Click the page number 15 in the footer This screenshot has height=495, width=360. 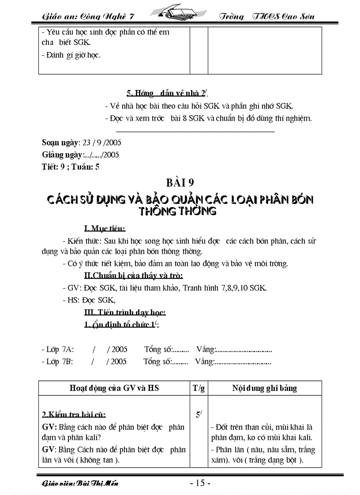pos(199,483)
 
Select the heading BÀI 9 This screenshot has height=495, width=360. pos(180,183)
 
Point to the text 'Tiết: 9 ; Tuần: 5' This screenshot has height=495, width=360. pos(71,167)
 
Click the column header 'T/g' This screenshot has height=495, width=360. pos(199,388)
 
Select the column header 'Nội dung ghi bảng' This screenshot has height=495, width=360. pos(265,388)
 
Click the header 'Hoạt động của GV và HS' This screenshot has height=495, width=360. pos(114,388)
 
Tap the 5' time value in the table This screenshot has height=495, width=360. pos(199,414)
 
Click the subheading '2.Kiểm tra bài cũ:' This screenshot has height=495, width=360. pos(74,415)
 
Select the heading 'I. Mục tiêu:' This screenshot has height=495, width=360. pos(105,228)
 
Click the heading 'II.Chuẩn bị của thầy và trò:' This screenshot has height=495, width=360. pos(133,276)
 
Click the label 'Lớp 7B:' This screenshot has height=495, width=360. pos(57,361)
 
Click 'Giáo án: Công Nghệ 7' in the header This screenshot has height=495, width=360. pos(88,16)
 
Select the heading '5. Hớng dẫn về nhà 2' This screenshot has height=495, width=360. pos(167,93)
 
